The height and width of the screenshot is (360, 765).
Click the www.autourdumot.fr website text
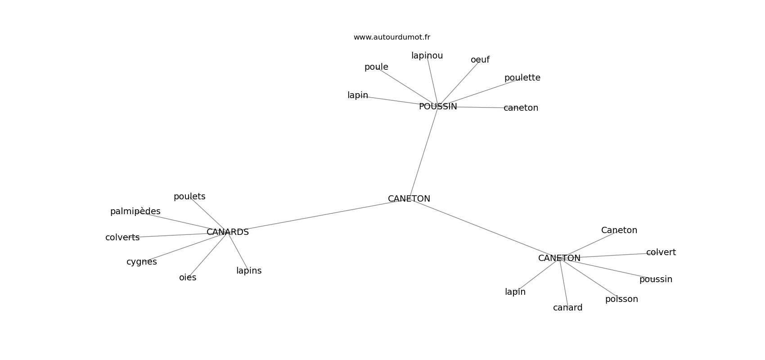391,37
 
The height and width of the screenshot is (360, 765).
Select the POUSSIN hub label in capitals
438,107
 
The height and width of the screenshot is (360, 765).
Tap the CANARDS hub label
228,232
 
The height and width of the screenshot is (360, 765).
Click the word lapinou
427,56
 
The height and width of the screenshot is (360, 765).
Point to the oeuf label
480,60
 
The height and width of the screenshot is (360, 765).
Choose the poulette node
522,78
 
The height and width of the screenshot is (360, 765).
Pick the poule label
376,67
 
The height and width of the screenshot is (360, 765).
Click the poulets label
189,197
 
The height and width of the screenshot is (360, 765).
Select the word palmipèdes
135,211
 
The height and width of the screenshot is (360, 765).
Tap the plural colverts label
122,238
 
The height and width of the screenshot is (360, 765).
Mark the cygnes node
141,262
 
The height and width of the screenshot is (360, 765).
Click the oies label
188,278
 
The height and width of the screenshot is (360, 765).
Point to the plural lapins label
248,271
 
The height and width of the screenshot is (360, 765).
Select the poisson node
621,299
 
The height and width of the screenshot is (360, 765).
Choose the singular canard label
567,308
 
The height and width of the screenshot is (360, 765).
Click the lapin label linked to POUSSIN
358,95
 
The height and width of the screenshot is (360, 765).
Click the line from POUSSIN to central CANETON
423,153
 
